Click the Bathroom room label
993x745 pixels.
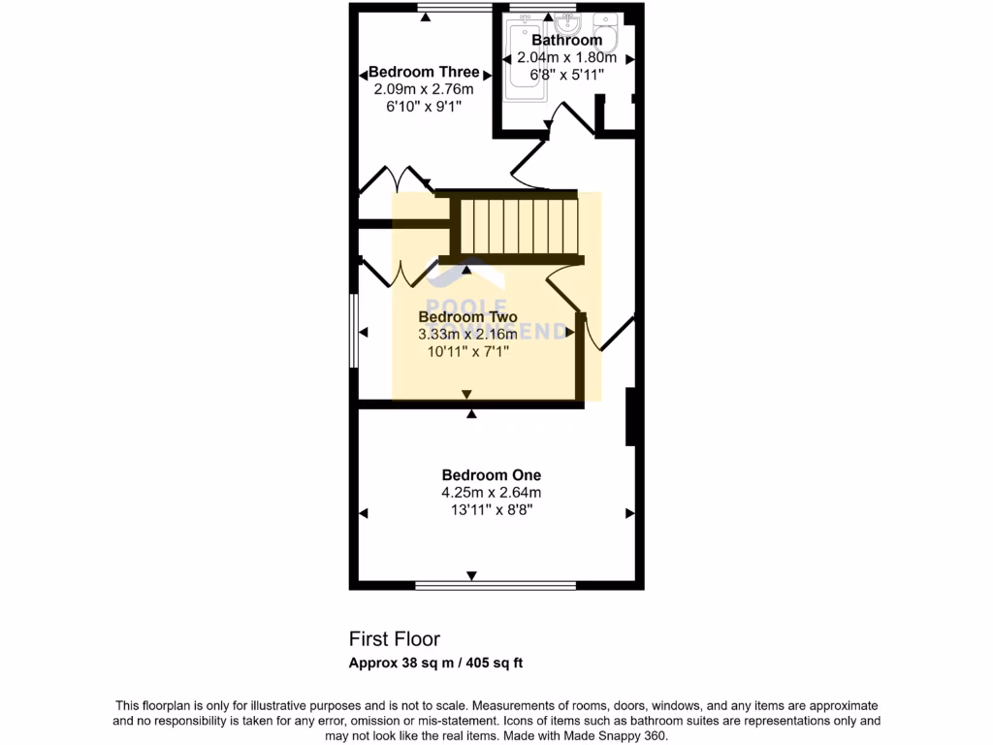click(566, 41)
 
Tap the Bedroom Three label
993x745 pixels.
click(424, 72)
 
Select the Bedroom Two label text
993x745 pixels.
click(466, 317)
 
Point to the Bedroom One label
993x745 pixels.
click(491, 475)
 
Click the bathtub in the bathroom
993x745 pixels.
click(524, 63)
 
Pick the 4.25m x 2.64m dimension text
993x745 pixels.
click(491, 493)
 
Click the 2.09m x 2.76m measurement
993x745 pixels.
click(423, 89)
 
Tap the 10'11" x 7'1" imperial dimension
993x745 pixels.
click(468, 351)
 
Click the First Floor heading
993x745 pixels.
click(395, 639)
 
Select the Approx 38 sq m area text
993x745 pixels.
click(436, 664)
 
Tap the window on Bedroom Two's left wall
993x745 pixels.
click(354, 332)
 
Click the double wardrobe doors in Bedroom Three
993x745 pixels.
click(395, 179)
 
